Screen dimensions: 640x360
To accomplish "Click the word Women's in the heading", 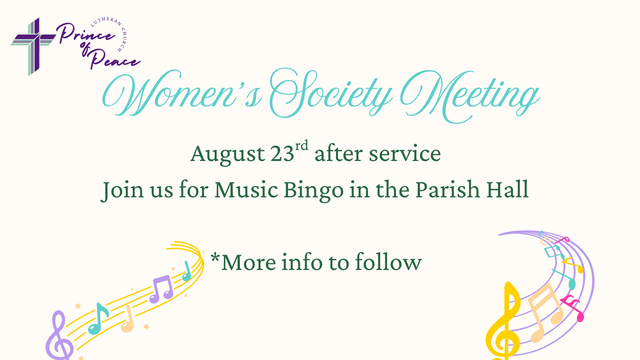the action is (x=182, y=93).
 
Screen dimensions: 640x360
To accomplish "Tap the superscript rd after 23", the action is (x=302, y=146).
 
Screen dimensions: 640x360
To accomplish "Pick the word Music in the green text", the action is (x=246, y=190).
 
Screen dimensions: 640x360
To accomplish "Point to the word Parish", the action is (x=448, y=189).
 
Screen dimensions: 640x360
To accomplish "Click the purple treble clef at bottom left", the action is (x=59, y=335).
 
